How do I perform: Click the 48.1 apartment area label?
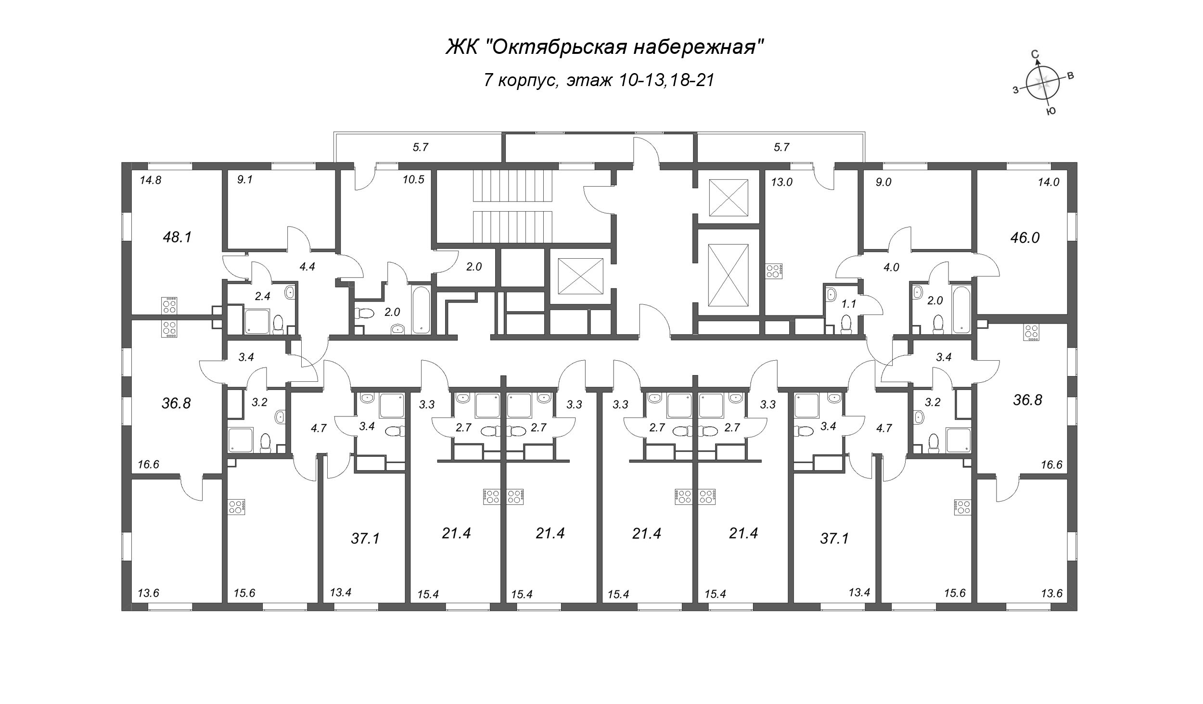click(178, 237)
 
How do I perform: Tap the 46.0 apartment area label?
click(1024, 238)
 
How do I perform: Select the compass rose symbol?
click(1043, 85)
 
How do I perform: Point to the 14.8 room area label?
click(150, 181)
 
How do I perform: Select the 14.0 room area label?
click(1049, 182)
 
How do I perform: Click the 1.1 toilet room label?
click(849, 304)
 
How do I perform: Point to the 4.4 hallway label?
click(307, 266)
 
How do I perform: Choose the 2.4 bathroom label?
click(262, 297)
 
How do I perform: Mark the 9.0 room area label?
click(884, 182)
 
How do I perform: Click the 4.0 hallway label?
click(891, 267)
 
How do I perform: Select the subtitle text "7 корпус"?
click(521, 80)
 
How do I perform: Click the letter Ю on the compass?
click(1051, 112)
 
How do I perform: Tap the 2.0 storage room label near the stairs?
click(474, 266)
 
